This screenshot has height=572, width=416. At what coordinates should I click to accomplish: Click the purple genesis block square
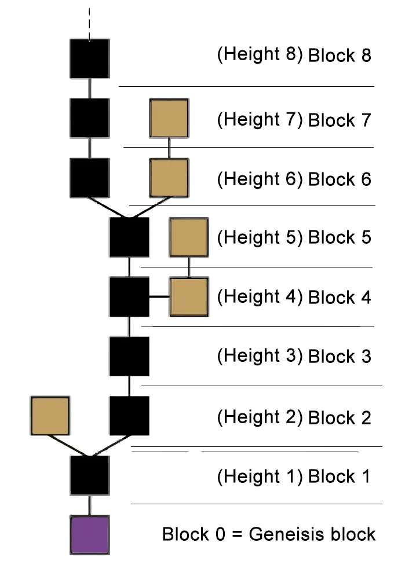point(90,534)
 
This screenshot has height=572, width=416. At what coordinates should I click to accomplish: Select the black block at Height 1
point(90,475)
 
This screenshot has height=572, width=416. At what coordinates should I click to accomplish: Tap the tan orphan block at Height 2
point(50,416)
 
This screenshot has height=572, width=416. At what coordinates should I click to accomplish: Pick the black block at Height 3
point(129,356)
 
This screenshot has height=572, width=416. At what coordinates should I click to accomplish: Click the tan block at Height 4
point(188,297)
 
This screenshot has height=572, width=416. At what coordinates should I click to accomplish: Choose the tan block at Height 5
point(188,237)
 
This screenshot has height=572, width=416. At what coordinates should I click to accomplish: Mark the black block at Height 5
point(129,237)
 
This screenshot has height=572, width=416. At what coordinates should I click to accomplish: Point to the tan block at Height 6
point(169,178)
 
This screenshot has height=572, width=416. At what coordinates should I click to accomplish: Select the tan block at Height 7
point(169,118)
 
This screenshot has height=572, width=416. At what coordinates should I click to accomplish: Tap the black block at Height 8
point(90,58)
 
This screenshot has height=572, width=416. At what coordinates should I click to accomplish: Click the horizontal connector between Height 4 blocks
point(159,297)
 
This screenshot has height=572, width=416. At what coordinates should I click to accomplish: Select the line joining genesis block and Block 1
point(90,505)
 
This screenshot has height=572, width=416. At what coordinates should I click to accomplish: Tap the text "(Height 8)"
point(260,54)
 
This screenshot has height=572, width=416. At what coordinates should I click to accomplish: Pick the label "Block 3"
point(340,356)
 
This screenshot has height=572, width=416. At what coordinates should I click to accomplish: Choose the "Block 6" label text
point(340,179)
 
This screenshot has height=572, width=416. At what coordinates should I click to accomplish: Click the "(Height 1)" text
point(260,476)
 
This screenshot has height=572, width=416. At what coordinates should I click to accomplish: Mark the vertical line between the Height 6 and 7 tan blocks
point(169,148)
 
